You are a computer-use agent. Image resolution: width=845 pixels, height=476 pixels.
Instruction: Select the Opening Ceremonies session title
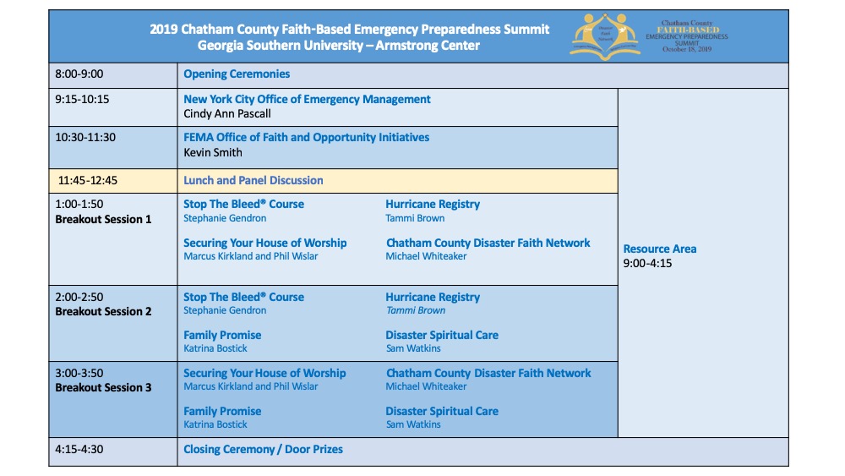coord(237,74)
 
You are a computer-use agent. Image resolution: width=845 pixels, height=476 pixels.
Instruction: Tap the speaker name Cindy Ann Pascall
coord(227,113)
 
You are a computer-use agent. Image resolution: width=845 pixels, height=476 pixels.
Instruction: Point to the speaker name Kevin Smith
coord(213,152)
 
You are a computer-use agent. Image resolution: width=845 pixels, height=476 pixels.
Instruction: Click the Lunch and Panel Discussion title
coord(253,180)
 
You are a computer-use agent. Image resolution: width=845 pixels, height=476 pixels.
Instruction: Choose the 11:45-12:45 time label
coord(88,180)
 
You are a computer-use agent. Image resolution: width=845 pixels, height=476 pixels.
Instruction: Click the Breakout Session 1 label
coord(103,219)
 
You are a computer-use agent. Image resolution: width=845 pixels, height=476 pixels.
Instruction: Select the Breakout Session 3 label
coord(103,387)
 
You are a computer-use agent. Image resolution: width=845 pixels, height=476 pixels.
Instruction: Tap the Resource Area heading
coord(660,249)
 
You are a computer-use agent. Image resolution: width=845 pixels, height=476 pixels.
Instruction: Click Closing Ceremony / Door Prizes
coord(264,449)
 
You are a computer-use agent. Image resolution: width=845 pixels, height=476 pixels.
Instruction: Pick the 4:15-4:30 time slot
coord(79,449)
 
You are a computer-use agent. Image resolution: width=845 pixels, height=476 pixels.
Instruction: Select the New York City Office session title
coord(307,99)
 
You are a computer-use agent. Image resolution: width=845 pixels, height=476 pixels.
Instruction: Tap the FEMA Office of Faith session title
coord(306,137)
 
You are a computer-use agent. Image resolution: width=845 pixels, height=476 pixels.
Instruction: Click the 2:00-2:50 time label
coord(79,298)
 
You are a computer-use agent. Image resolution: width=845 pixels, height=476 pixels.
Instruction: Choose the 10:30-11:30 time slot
coord(85,137)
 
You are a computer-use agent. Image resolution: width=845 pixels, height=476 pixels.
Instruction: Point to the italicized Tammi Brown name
coord(415,310)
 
